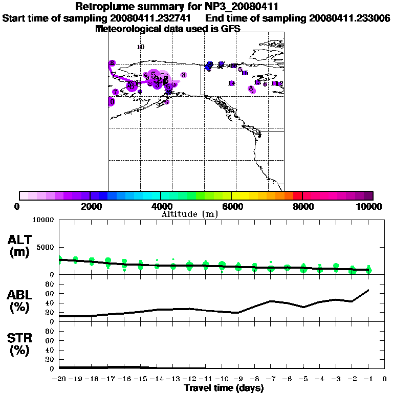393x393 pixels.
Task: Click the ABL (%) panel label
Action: pyautogui.click(x=19, y=301)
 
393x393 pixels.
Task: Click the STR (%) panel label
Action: pyautogui.click(x=19, y=344)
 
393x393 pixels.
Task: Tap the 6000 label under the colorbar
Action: pyautogui.click(x=231, y=206)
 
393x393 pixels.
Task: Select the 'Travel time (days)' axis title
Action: pyautogui.click(x=224, y=388)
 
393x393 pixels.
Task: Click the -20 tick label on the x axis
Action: pyautogui.click(x=59, y=379)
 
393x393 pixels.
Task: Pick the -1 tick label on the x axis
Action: pyautogui.click(x=368, y=379)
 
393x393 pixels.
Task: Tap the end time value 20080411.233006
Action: pyautogui.click(x=350, y=18)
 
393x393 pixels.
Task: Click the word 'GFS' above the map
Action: pyautogui.click(x=231, y=29)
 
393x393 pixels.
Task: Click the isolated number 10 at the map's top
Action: pyautogui.click(x=141, y=47)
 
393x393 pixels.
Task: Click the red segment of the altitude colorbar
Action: pyautogui.click(x=297, y=195)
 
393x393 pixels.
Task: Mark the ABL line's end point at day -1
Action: pyautogui.click(x=368, y=290)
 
